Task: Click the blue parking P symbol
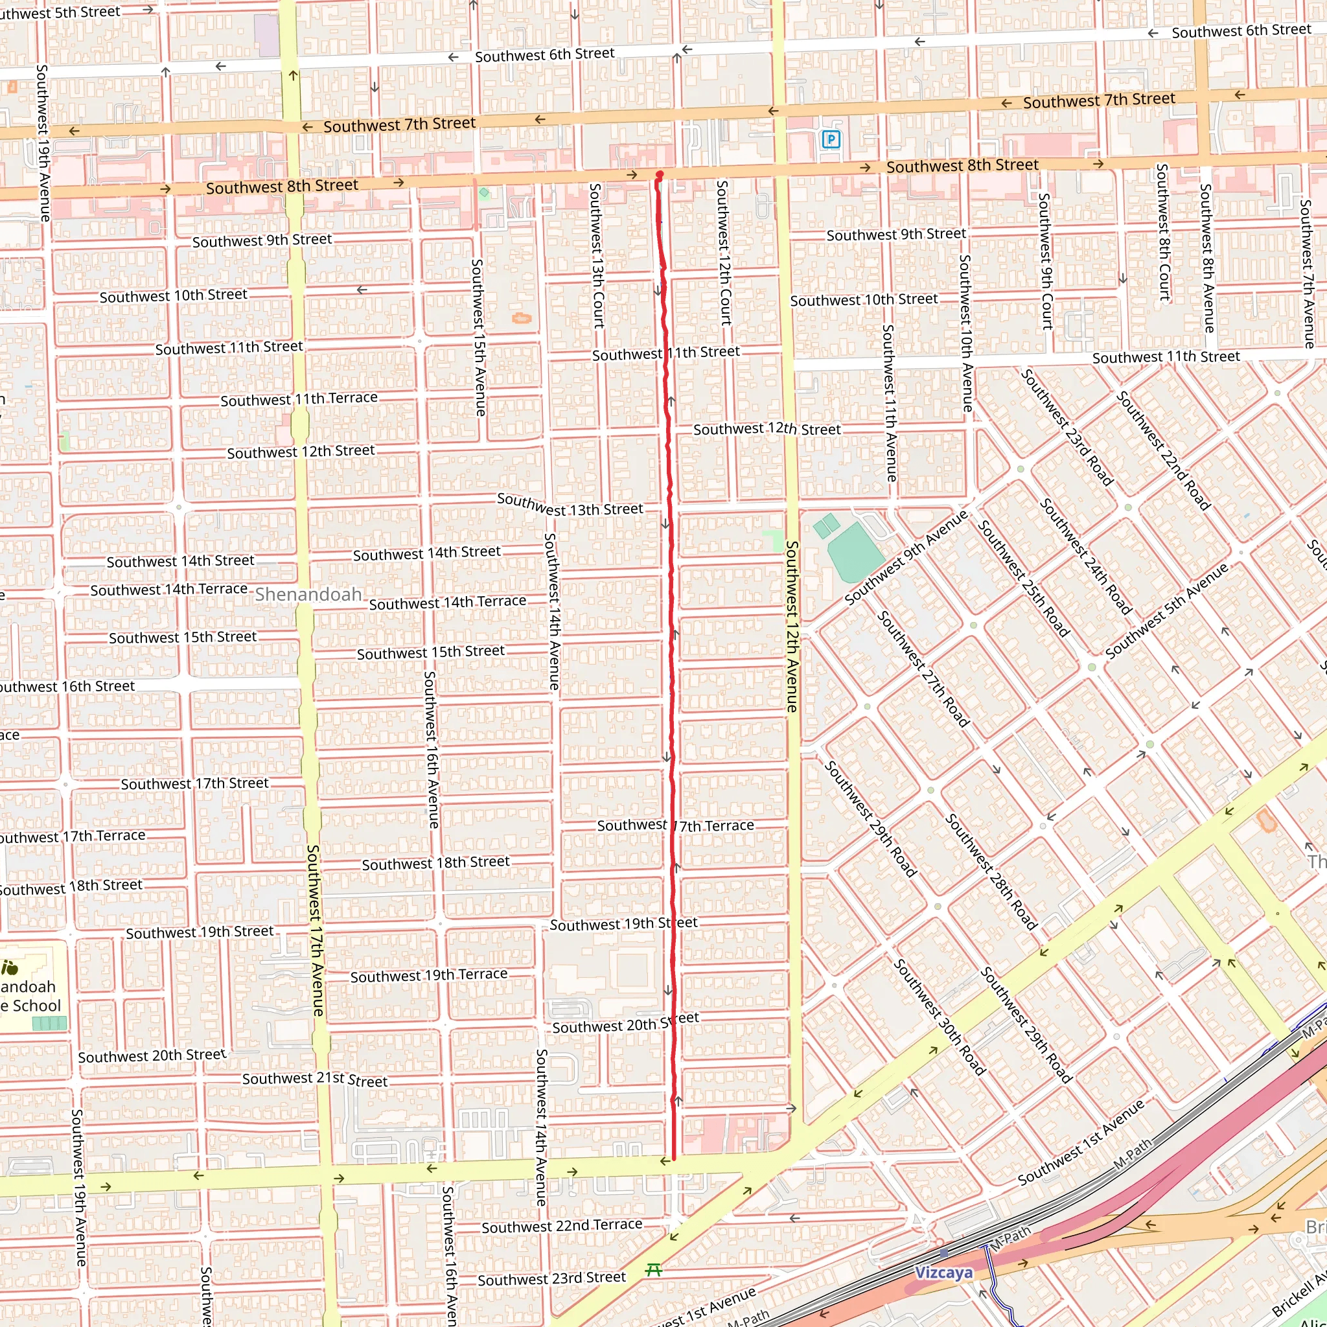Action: [831, 140]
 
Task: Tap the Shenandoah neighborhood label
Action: [308, 595]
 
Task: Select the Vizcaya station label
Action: [943, 1273]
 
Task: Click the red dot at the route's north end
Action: [660, 174]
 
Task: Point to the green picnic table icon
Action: [654, 1270]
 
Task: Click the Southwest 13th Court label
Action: [596, 255]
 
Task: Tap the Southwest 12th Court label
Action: [723, 252]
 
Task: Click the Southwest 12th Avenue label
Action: [791, 627]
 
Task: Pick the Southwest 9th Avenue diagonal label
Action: [905, 557]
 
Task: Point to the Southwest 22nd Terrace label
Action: [562, 1226]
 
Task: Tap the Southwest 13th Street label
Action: [570, 505]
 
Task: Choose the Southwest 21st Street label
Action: [314, 1079]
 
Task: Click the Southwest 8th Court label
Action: [1163, 232]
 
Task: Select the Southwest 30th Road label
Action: [939, 1017]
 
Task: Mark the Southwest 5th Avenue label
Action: [1166, 611]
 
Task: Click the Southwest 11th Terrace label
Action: [299, 399]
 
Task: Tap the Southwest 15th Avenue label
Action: [479, 337]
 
